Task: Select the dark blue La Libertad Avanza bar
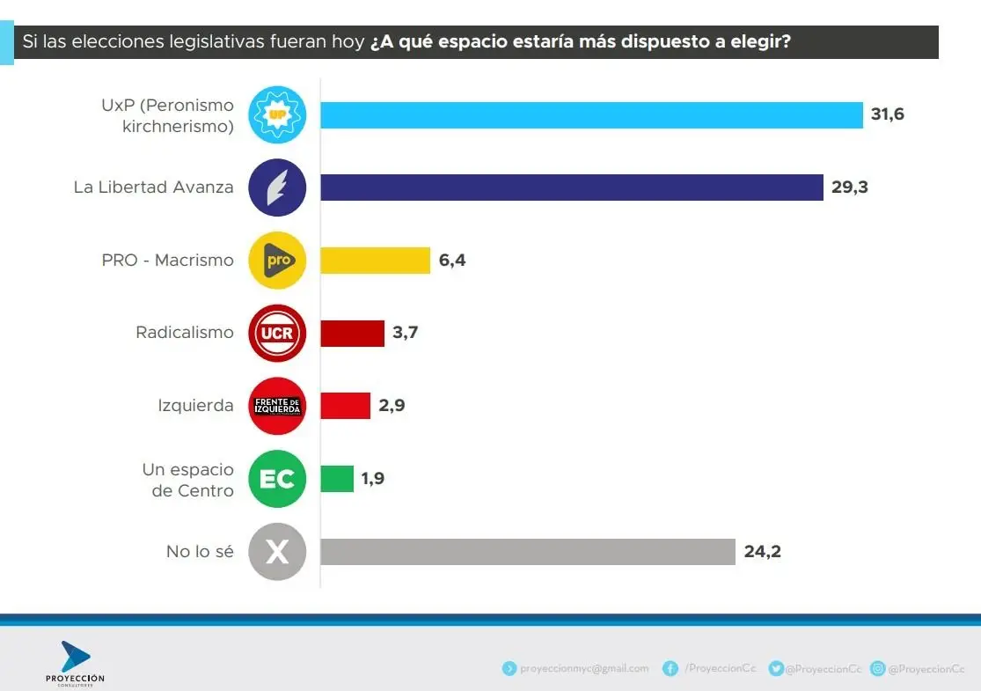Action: coord(572,187)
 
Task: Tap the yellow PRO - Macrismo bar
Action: coord(375,261)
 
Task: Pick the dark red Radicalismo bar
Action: coord(352,334)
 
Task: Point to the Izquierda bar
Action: coord(345,406)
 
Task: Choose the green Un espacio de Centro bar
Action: coord(337,479)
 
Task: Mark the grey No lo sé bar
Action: coord(527,552)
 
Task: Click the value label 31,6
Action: coord(886,115)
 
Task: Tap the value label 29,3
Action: coord(849,187)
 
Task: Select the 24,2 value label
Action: coord(762,552)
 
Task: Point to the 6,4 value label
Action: coord(451,261)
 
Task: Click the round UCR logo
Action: coord(277,334)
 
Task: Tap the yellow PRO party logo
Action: coord(277,261)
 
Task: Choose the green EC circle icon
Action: coord(277,479)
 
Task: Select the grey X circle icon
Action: coord(277,552)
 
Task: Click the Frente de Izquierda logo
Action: coord(277,406)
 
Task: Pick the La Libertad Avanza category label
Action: coord(154,187)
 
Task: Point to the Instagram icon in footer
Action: coord(877,669)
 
